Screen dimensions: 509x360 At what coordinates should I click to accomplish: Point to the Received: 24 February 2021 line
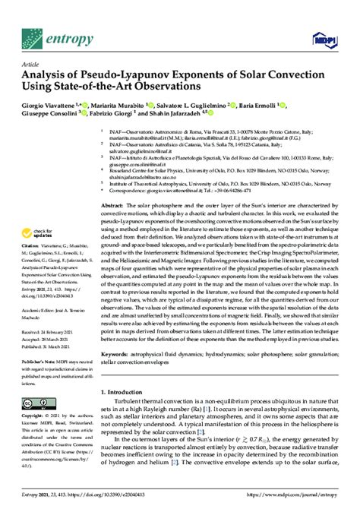tap(49, 333)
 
